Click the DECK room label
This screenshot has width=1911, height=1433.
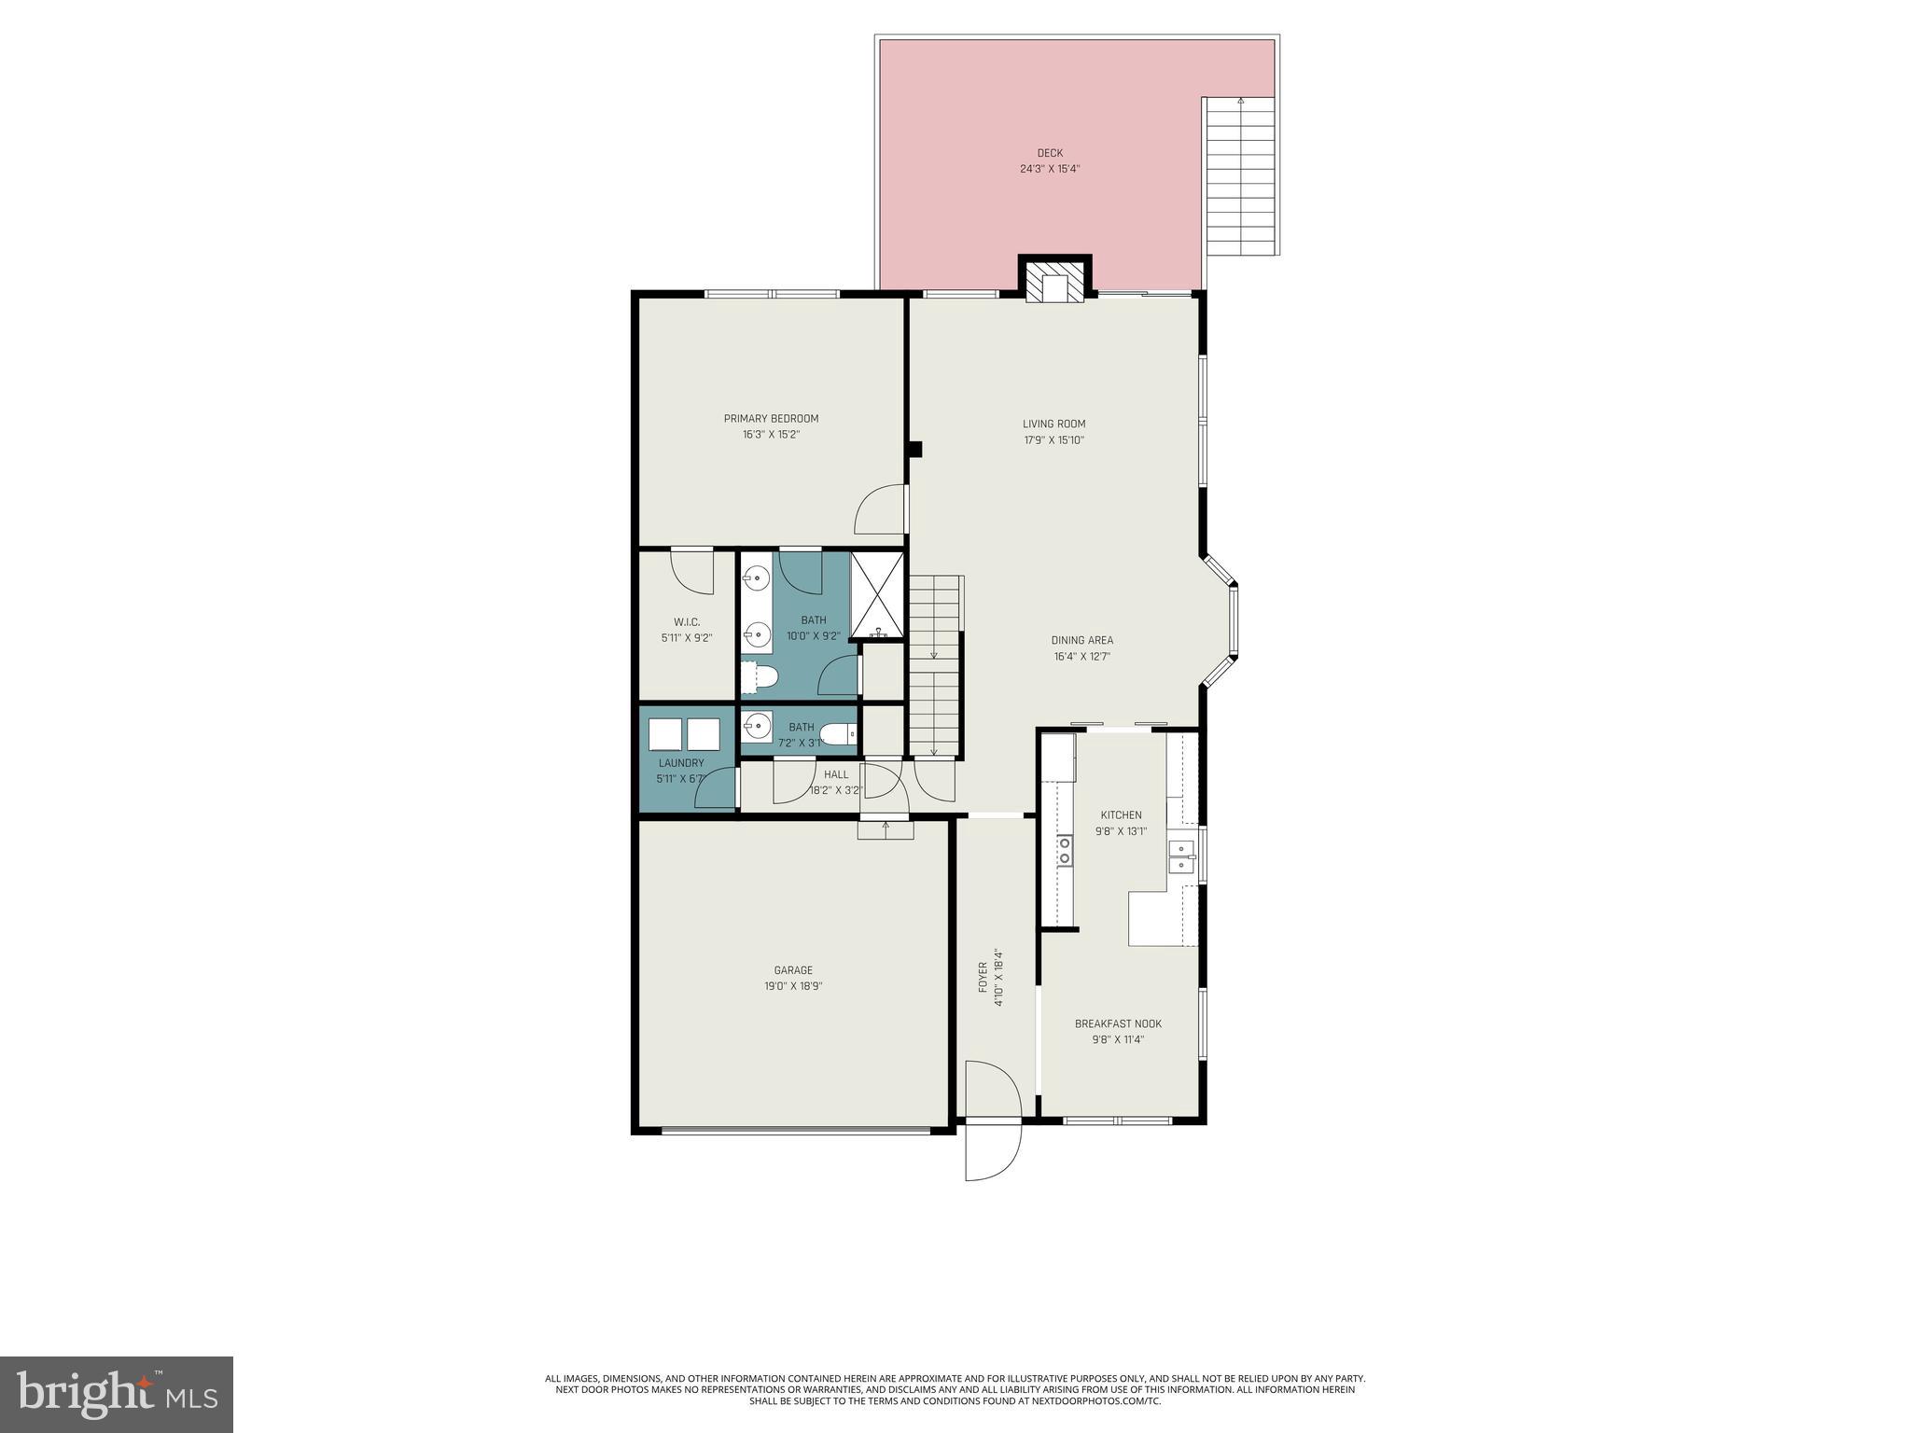click(x=1050, y=153)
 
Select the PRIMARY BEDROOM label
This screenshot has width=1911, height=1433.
click(x=771, y=419)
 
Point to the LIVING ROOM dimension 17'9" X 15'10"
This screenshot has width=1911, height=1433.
click(x=1053, y=440)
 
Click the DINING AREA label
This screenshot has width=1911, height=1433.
click(x=1081, y=641)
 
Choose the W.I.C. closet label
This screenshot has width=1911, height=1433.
click(x=687, y=622)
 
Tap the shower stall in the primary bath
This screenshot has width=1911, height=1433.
click(x=877, y=595)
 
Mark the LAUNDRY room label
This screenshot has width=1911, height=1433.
click(x=681, y=763)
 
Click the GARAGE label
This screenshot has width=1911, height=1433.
click(x=793, y=970)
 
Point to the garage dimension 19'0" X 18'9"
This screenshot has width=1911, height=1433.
click(x=793, y=987)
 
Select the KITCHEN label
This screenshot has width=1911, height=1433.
click(x=1121, y=815)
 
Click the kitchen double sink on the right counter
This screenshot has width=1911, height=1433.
click(x=1182, y=856)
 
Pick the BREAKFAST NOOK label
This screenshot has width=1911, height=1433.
click(x=1118, y=1024)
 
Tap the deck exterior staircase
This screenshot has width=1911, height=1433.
click(x=1240, y=177)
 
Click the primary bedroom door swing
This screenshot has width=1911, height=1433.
click(x=881, y=511)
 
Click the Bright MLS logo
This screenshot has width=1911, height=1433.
click(x=117, y=1393)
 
